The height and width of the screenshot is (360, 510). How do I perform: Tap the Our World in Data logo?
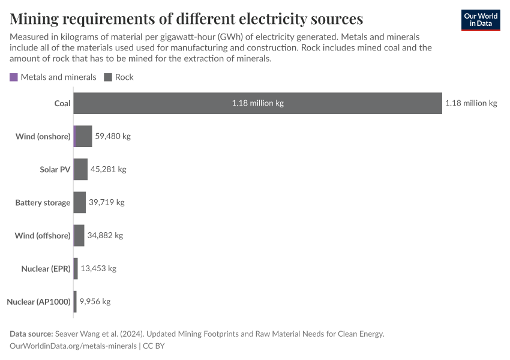click(x=480, y=19)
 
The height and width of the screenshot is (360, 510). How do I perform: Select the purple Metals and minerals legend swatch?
click(x=14, y=77)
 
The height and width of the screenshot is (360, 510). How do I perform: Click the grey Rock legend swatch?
click(x=109, y=77)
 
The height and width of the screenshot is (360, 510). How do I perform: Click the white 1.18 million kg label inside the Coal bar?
click(x=257, y=103)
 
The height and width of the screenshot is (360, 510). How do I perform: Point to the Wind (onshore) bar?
click(x=83, y=136)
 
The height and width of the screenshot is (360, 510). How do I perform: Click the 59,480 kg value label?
click(x=113, y=136)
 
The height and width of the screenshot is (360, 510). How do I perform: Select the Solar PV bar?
click(x=80, y=169)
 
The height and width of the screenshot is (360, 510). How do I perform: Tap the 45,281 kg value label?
click(x=108, y=169)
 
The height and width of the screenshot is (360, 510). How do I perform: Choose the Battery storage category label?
click(x=43, y=203)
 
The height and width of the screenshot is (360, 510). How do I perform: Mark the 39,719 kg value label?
click(x=106, y=202)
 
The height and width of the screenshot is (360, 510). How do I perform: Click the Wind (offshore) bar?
click(x=79, y=235)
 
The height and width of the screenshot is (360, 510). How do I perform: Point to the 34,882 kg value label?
click(x=105, y=235)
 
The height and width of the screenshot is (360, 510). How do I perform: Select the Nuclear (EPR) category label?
click(x=46, y=269)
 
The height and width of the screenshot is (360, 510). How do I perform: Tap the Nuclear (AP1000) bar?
click(x=75, y=301)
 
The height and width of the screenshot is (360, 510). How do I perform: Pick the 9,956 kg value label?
click(x=95, y=301)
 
